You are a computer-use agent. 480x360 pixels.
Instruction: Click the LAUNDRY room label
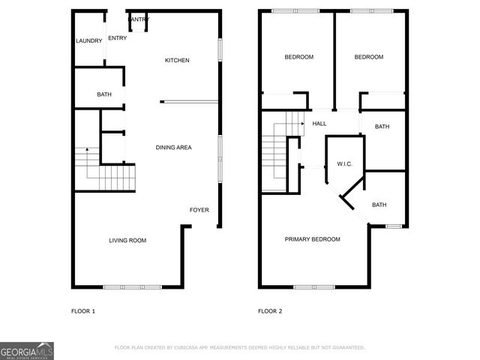88,41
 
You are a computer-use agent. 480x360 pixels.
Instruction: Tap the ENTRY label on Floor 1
117,38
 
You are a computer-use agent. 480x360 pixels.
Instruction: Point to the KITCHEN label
177,61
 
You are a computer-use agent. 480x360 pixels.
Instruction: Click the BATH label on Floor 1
104,94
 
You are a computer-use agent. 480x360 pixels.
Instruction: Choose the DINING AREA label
173,148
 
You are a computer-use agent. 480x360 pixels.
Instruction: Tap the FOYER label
199,210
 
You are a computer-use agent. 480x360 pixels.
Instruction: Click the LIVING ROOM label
127,241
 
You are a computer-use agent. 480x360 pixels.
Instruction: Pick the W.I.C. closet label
344,163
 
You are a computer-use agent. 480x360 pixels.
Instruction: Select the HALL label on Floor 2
319,124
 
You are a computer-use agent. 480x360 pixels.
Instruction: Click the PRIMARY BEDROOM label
312,239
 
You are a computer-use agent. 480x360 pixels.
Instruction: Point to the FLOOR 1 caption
82,311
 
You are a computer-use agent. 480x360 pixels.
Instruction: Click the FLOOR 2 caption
270,311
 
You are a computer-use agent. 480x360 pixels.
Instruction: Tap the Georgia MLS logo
27,351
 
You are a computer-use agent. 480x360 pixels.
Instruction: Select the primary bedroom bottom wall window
313,286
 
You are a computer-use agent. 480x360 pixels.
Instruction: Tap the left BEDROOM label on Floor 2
298,57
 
